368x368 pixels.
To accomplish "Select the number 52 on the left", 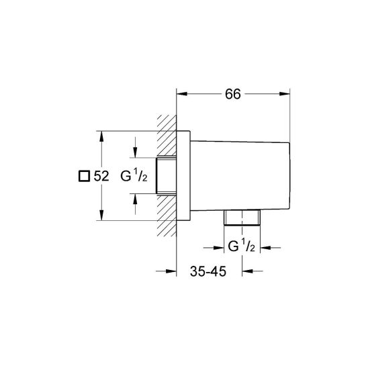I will coord(101,177).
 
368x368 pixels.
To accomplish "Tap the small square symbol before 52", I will coord(83,177).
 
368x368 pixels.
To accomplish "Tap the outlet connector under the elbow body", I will coord(242,217).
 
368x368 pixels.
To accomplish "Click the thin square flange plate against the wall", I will coord(183,176).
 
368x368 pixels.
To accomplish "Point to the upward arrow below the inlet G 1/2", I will coord(136,197).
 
